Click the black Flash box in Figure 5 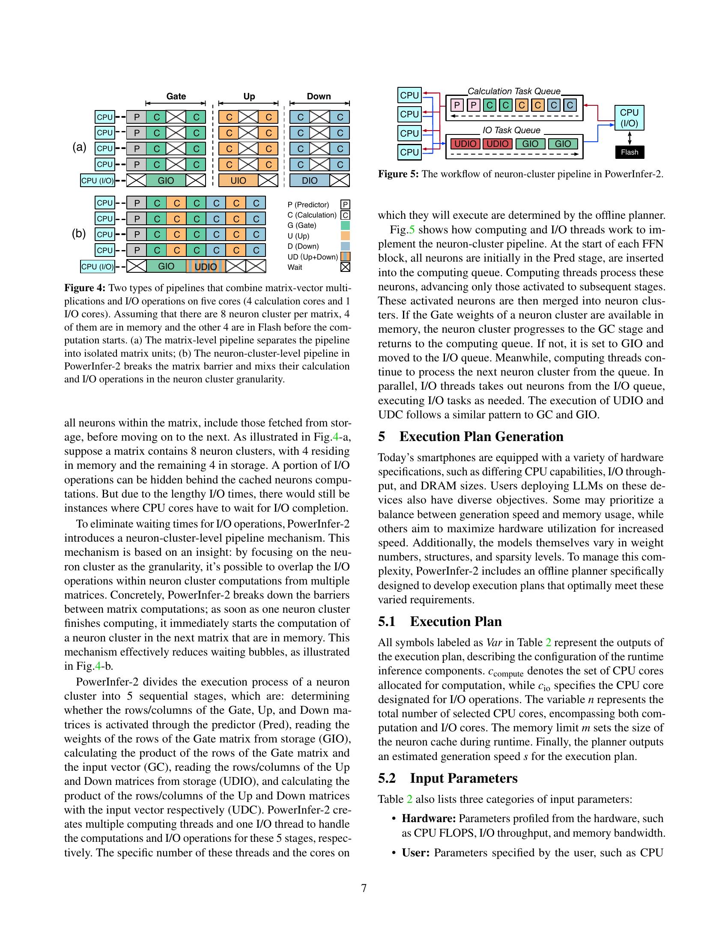coord(629,152)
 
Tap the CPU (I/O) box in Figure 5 coord(629,118)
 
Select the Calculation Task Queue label coord(513,92)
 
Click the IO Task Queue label coord(511,130)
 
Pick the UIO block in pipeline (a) coord(238,180)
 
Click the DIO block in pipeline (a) coord(309,180)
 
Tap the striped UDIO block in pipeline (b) coord(206,267)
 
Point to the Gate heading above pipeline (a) coord(176,96)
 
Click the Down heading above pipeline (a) coord(319,96)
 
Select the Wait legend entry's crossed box coord(345,268)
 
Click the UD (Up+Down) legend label coord(312,257)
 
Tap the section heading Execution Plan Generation coord(481,436)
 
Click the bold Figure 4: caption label coord(84,288)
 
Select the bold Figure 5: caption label coord(398,174)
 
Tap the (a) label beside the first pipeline coord(79,148)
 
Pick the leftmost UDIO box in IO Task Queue coord(465,144)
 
